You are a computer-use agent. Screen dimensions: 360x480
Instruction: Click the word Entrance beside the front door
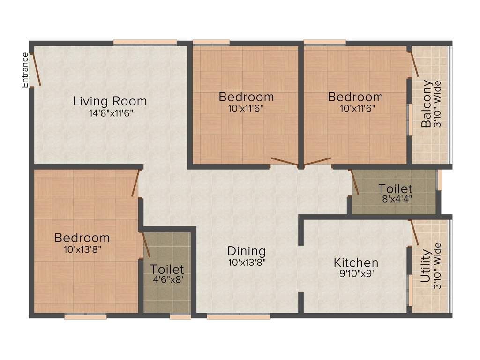[25, 70]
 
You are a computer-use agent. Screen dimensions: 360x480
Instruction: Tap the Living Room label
[110, 101]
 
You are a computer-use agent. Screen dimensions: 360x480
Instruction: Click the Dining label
[247, 251]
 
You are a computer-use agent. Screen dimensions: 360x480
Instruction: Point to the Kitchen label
[356, 262]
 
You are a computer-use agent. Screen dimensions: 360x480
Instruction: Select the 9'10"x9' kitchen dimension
[356, 273]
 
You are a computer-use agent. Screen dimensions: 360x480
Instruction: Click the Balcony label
[427, 104]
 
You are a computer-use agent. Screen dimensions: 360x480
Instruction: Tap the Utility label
[426, 266]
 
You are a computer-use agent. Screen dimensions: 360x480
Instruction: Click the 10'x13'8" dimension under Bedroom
[82, 249]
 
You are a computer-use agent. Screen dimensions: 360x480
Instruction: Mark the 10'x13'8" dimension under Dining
[247, 262]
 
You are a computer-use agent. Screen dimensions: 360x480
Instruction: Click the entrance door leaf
[36, 70]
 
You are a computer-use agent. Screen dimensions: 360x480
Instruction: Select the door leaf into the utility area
[414, 232]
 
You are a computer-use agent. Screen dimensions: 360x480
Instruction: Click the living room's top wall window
[145, 43]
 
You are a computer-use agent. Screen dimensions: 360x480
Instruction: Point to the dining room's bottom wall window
[239, 317]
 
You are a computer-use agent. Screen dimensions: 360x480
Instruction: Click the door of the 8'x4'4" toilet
[355, 182]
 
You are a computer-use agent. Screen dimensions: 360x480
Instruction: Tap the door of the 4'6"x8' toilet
[145, 244]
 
